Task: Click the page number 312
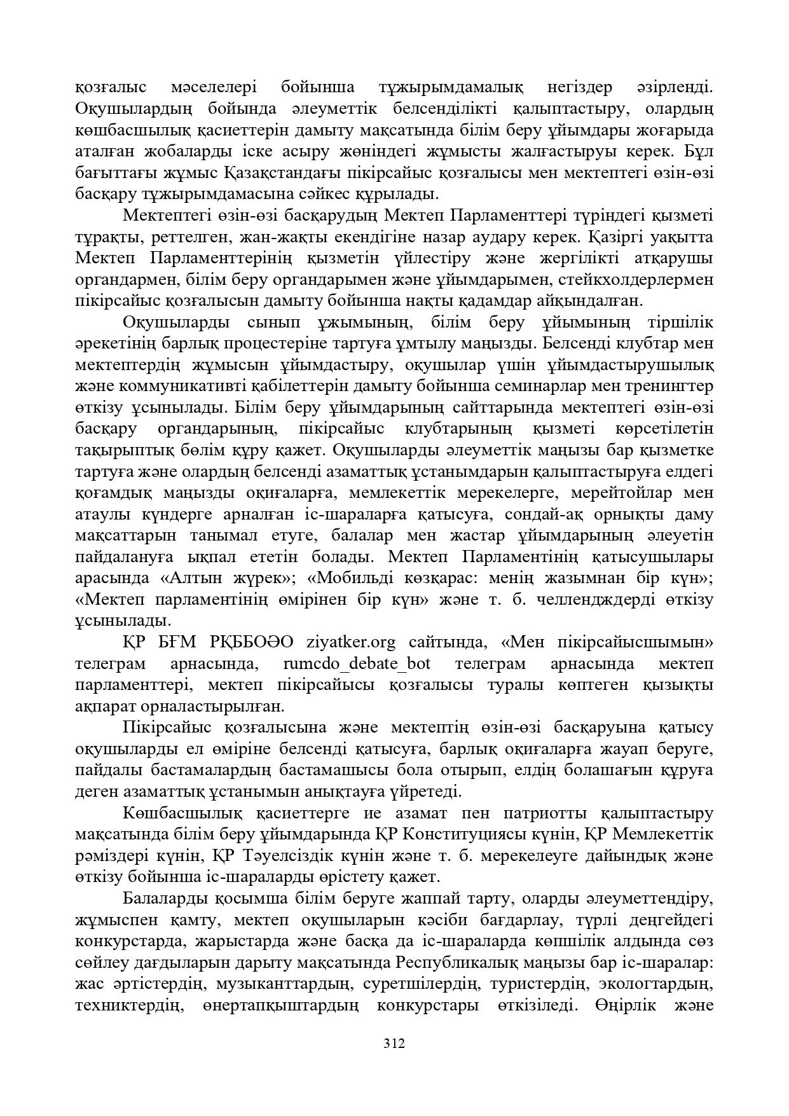tap(394, 1044)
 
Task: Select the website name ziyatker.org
tap(351, 642)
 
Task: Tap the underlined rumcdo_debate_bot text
tap(357, 664)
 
